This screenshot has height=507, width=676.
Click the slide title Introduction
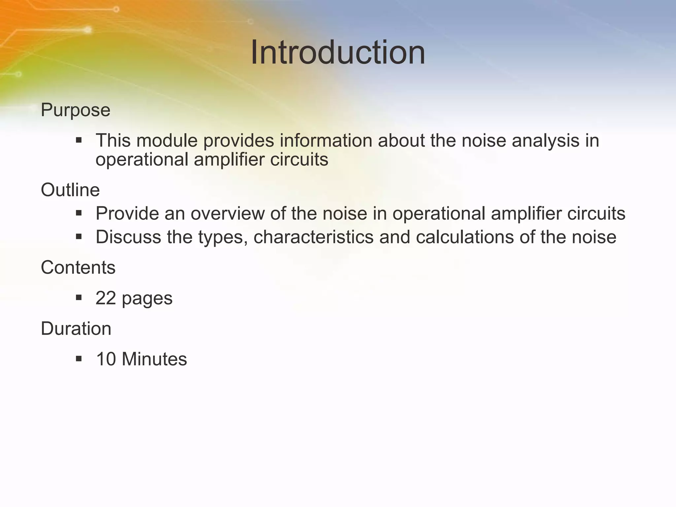338,53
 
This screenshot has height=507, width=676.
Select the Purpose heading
75,110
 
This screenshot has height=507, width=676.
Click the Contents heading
78,267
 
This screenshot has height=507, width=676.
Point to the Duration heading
76,329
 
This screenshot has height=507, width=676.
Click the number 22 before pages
106,298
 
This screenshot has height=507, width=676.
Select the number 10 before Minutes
106,359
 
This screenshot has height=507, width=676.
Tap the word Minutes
154,359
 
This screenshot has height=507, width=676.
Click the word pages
147,299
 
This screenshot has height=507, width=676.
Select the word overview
227,214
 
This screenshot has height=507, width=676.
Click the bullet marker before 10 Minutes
79,358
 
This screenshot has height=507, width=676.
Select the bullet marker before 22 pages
79,298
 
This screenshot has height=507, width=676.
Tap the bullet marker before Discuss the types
79,236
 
